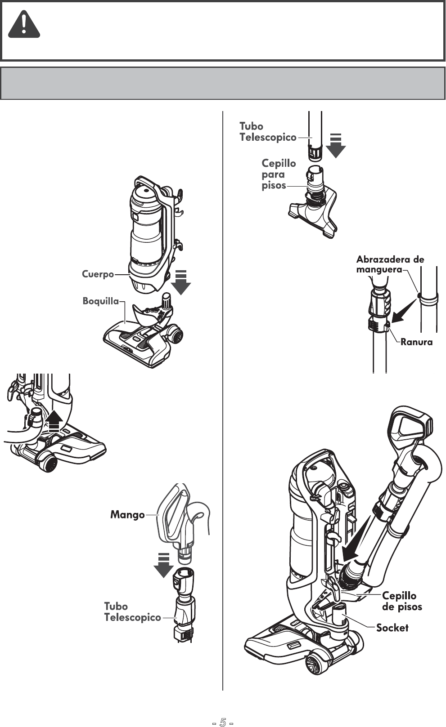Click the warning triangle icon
coord(24,26)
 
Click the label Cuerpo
coord(98,274)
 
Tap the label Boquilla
coord(100,301)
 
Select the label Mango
coord(127,514)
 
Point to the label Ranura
coord(416,342)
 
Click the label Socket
coord(392,628)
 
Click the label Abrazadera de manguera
coord(390,264)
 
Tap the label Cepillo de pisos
coord(402,601)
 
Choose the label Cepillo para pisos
coord(279,174)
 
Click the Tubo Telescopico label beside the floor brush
coord(268,132)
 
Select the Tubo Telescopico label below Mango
coord(132,612)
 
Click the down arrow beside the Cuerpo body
coord(181,282)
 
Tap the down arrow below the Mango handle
coord(163,564)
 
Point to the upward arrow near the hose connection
coord(54,421)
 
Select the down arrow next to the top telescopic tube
coord(335,145)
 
